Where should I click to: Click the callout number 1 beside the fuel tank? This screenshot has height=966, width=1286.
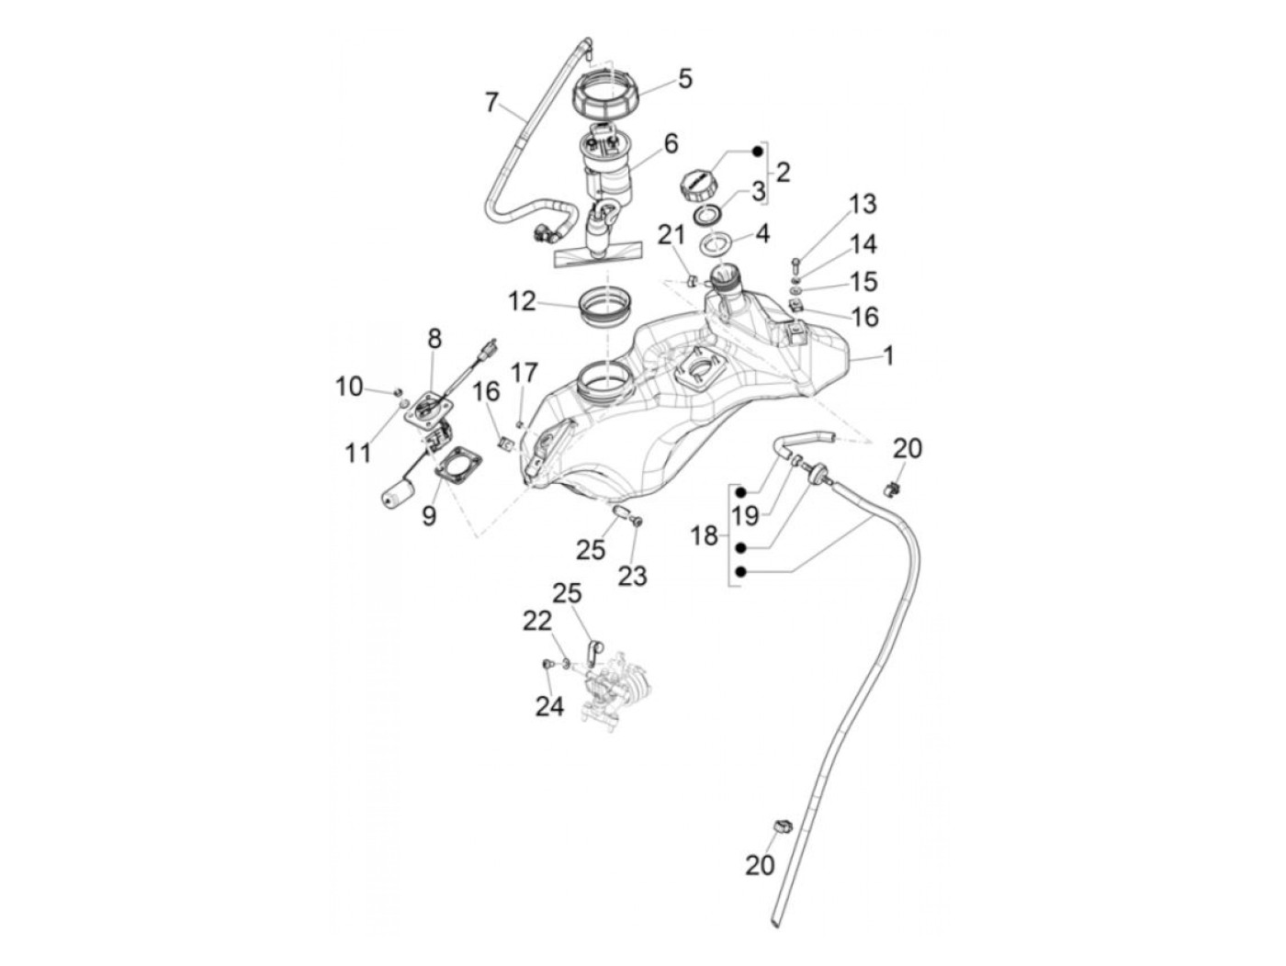[888, 356]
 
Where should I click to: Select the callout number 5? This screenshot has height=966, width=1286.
[684, 80]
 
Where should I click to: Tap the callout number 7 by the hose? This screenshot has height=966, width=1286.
[492, 102]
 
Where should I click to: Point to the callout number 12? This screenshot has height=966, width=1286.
[522, 300]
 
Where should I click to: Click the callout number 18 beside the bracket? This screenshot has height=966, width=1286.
[705, 535]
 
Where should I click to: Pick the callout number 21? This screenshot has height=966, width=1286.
[671, 236]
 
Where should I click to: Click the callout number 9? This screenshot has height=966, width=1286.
[429, 515]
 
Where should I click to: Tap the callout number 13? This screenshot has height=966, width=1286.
[863, 204]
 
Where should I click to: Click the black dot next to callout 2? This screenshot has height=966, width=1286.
[759, 151]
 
